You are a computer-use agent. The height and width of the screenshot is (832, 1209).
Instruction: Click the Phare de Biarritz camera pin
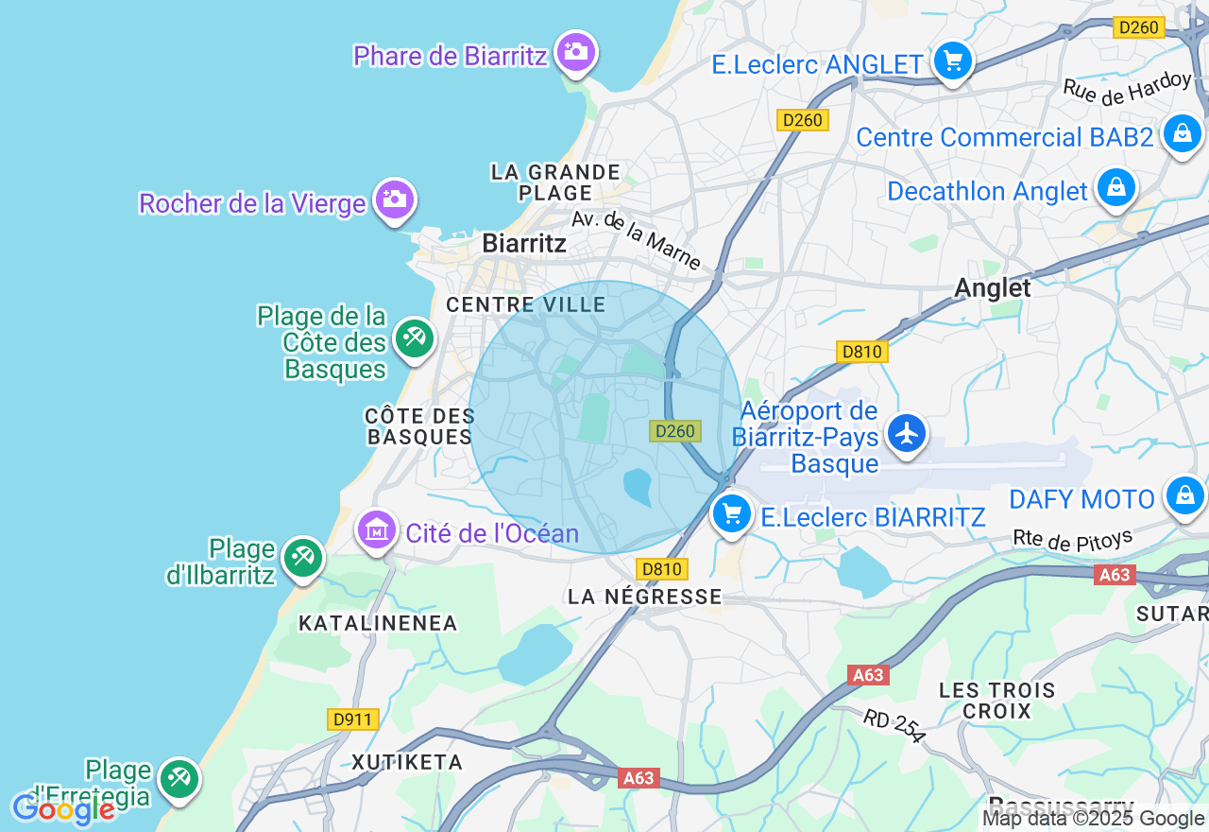point(575,51)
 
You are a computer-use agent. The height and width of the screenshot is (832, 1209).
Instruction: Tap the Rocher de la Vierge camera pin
point(394,199)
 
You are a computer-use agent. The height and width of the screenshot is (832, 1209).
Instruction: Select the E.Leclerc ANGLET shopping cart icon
point(952,61)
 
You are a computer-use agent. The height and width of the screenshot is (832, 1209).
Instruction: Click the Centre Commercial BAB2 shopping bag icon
point(1182,134)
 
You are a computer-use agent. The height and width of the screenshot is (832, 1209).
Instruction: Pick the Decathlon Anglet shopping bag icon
point(1115,187)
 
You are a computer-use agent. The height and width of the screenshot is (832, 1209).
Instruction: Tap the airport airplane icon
point(907,434)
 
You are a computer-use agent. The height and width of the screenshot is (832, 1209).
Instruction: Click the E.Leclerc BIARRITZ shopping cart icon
point(731,514)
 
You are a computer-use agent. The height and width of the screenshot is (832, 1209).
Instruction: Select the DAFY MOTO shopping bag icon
point(1184,495)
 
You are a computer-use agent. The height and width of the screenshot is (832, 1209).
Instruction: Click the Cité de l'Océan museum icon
point(377,530)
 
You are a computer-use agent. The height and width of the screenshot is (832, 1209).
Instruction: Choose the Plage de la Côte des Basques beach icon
point(414,338)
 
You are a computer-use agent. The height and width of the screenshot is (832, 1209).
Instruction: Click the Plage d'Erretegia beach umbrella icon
point(178,778)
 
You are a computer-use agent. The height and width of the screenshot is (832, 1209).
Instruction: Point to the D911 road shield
point(353,719)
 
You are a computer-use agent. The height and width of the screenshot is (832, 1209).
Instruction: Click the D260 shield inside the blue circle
point(675,431)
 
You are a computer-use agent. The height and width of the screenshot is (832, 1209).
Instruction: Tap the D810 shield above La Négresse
point(661,569)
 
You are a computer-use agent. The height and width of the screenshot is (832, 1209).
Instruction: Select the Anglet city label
point(992,287)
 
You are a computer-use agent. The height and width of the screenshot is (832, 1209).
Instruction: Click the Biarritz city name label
point(524,243)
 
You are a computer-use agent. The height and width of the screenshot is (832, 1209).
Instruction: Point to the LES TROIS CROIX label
point(996,701)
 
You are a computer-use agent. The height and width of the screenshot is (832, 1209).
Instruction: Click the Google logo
point(62,809)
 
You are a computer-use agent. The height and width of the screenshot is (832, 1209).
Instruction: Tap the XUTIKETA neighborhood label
point(407,762)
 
